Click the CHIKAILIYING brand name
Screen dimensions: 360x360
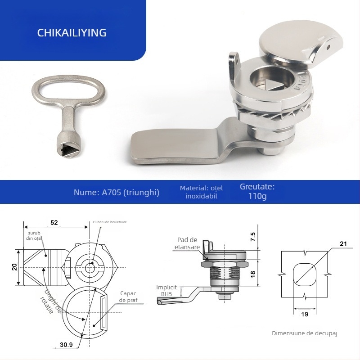72,33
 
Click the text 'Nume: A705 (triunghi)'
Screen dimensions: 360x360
117,192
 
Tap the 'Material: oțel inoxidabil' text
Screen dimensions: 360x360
201,192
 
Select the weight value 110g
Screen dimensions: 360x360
257,197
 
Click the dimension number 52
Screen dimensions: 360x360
54,222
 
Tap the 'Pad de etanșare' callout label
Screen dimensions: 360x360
187,243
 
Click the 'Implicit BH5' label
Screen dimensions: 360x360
166,290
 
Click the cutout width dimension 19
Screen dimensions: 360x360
305,314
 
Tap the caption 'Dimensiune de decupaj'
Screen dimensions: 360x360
304,333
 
